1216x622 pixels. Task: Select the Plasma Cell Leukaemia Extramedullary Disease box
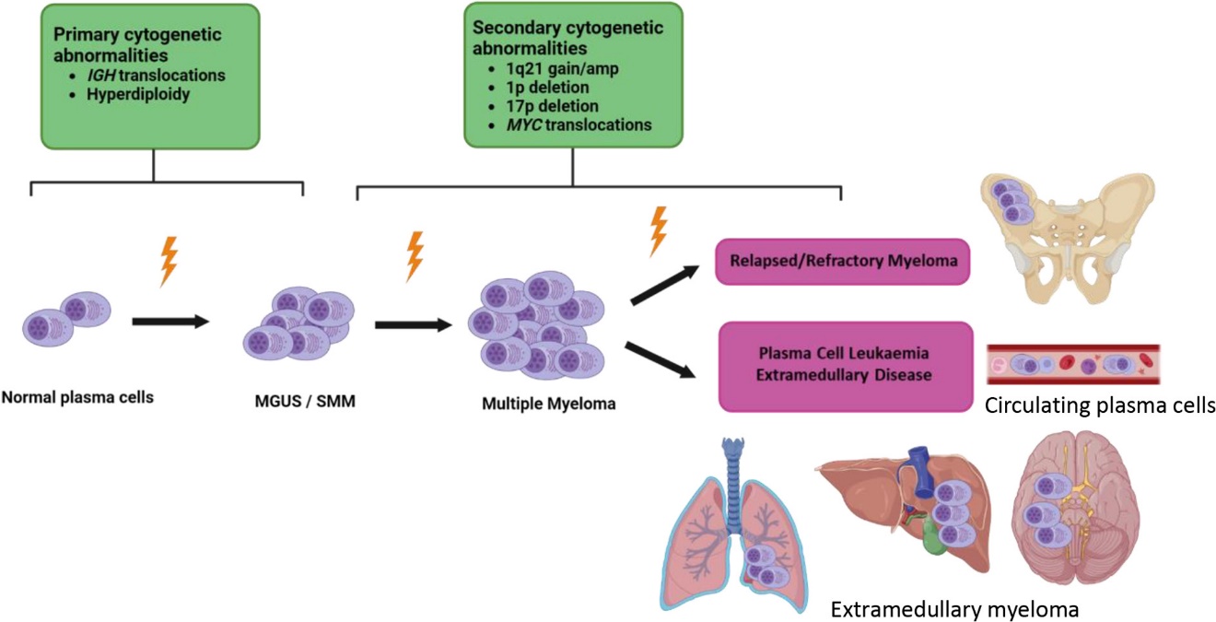click(x=845, y=365)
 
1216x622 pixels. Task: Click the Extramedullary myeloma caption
click(x=954, y=609)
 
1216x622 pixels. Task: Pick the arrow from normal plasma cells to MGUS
click(x=171, y=322)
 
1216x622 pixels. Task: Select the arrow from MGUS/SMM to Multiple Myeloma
click(x=414, y=324)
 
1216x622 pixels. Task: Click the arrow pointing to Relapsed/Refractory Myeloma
click(x=663, y=286)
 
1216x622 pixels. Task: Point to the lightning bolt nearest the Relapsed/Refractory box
click(x=658, y=230)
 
